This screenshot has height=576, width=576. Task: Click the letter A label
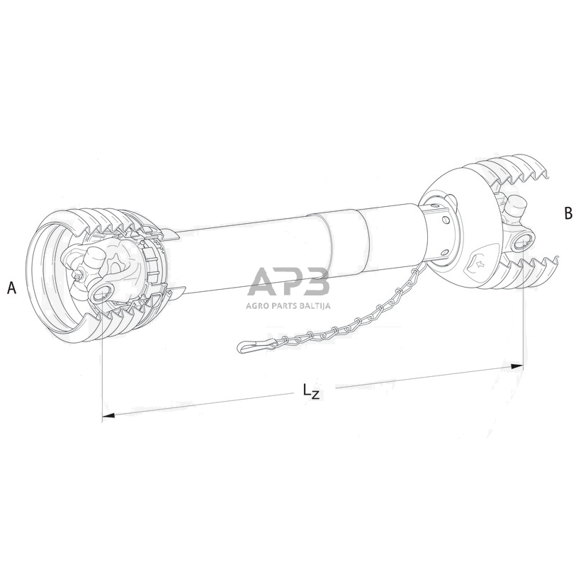pos(12,288)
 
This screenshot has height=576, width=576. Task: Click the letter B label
pos(568,213)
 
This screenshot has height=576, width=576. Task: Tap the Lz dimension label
pos(311,391)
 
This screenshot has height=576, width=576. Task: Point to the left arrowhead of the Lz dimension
pos(108,415)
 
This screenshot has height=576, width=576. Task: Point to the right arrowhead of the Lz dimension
pos(517,366)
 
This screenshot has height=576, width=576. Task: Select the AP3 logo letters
pos(289,281)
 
